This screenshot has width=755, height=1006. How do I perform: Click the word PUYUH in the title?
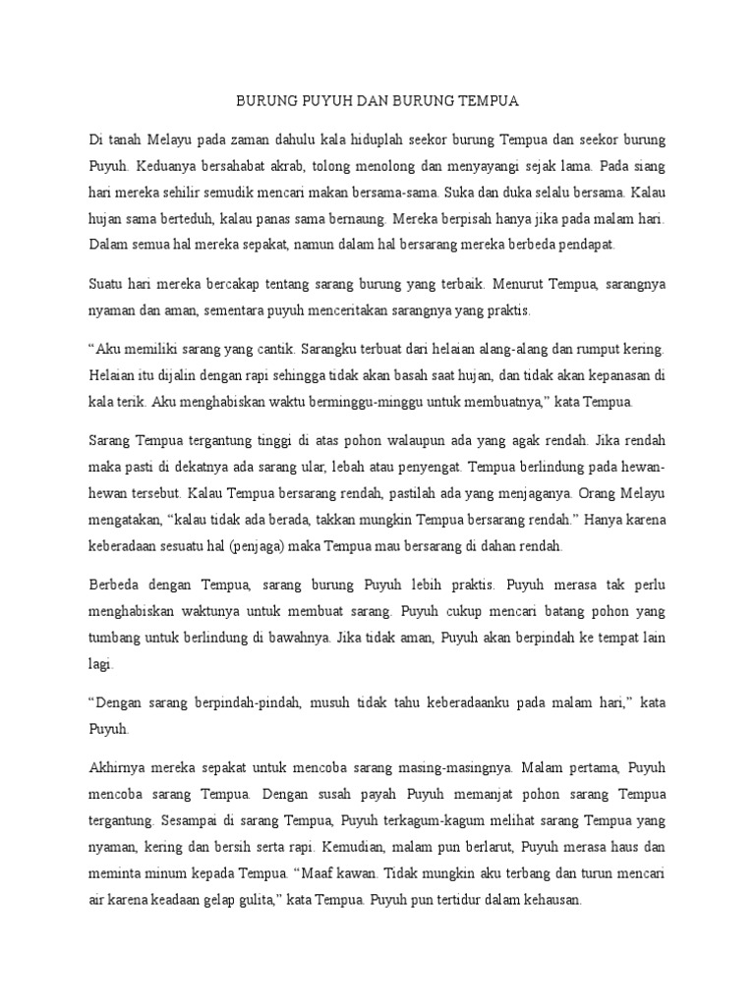[315, 100]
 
